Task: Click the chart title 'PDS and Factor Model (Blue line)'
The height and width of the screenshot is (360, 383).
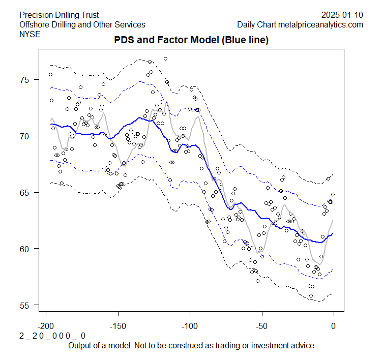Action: pyautogui.click(x=191, y=40)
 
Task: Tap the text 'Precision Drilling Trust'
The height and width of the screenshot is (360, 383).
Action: pyautogui.click(x=59, y=15)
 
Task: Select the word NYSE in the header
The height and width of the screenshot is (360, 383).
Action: pyautogui.click(x=30, y=34)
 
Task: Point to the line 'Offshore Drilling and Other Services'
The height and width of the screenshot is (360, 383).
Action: pyautogui.click(x=82, y=24)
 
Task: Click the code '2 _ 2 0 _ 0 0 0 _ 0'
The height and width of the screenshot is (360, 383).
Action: pyautogui.click(x=52, y=336)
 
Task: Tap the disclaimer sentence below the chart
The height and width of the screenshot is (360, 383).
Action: pyautogui.click(x=191, y=345)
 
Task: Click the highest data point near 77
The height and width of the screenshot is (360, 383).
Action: pyautogui.click(x=165, y=59)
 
